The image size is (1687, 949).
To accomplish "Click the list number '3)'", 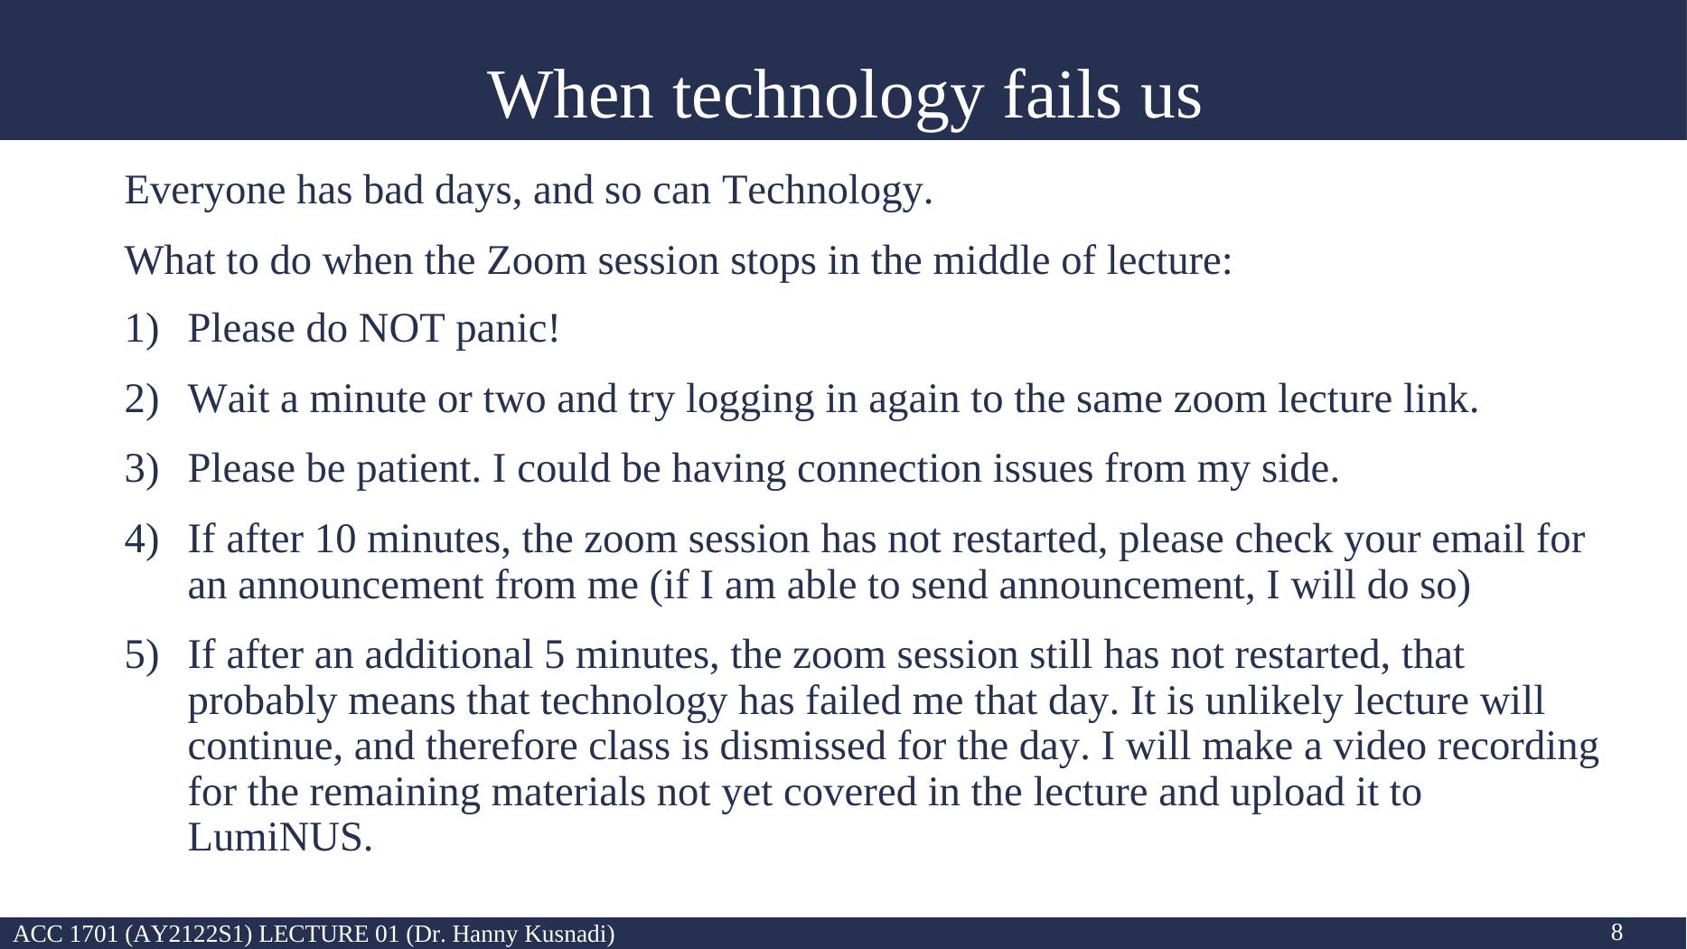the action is (142, 470).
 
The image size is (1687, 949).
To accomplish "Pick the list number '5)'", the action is (142, 655).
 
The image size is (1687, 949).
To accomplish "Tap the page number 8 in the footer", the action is (1617, 932).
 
